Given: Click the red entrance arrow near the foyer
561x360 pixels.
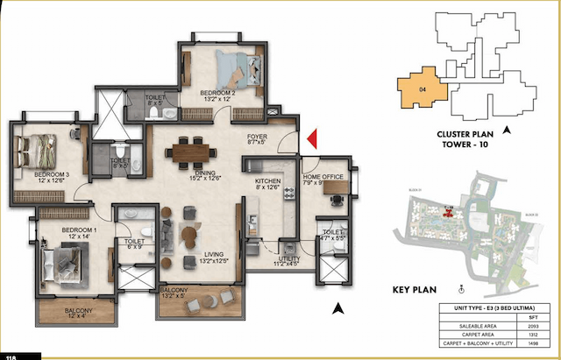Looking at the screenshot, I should point(312,138).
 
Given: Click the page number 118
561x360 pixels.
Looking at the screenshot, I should point(11,356).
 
